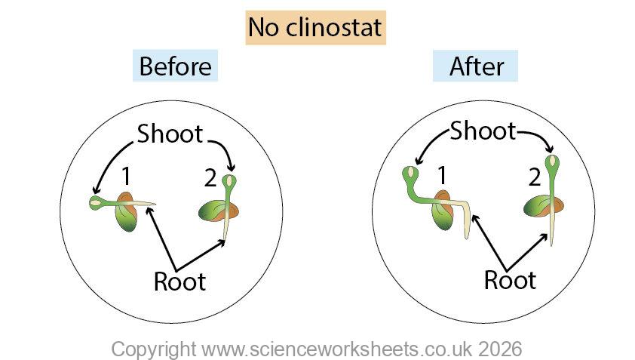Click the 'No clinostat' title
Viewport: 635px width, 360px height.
[316, 28]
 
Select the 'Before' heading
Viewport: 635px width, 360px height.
[176, 66]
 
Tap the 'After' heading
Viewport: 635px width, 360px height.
[476, 66]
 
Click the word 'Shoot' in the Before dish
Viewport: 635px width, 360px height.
[170, 134]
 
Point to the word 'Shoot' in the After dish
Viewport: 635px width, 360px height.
[483, 131]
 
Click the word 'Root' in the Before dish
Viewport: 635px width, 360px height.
[179, 282]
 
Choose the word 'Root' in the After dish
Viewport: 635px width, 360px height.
[510, 280]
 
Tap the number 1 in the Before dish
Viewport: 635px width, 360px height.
[127, 177]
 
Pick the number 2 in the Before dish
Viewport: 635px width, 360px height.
[210, 179]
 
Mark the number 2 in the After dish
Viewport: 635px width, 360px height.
[535, 178]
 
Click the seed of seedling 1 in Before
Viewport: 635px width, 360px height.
[125, 212]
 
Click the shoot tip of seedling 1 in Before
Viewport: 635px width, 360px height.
[96, 202]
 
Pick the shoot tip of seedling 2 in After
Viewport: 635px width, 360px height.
[554, 165]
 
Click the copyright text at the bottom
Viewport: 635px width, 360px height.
[316, 349]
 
